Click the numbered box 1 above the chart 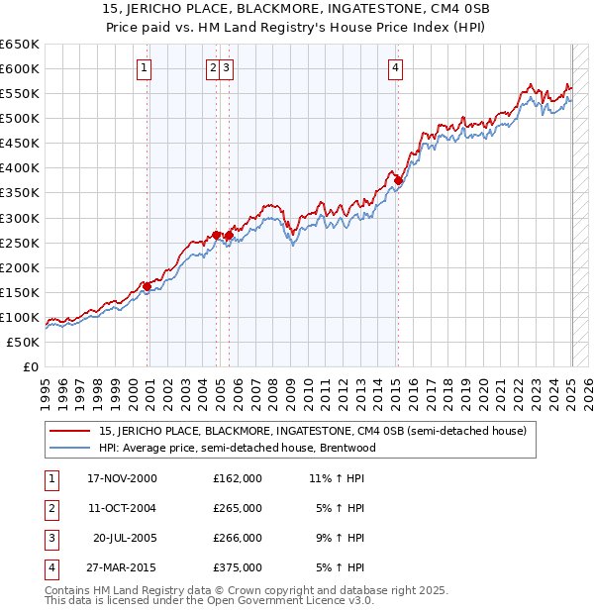point(145,68)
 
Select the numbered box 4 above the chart point(395,68)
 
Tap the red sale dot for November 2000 point(148,286)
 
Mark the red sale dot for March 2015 point(397,180)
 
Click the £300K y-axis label point(20,218)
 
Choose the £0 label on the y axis point(32,367)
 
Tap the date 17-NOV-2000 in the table point(122,478)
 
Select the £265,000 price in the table point(238,508)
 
